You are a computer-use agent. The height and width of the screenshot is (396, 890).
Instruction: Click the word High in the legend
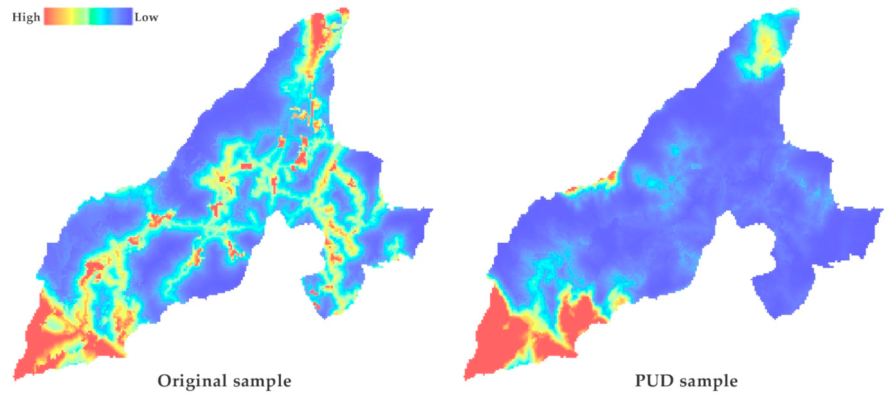point(26,17)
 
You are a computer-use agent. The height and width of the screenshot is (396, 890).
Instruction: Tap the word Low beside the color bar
point(146,17)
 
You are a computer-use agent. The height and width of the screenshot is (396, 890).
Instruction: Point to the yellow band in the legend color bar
point(71,16)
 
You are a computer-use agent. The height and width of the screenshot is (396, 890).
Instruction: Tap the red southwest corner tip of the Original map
point(21,373)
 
